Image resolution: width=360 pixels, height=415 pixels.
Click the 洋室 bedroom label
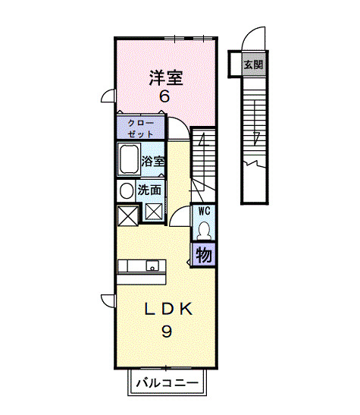click(x=164, y=77)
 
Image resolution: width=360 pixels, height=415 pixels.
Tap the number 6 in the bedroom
click(x=164, y=97)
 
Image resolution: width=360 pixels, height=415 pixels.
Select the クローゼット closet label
click(x=139, y=127)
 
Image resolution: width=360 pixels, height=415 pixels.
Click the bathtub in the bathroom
click(x=127, y=160)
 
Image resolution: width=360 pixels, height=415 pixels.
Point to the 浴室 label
click(x=153, y=161)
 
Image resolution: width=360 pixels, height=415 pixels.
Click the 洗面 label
click(x=149, y=190)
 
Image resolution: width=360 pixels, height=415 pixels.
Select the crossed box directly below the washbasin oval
click(x=126, y=213)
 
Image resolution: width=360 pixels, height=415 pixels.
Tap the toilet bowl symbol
click(x=204, y=230)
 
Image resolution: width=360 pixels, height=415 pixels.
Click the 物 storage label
click(x=204, y=255)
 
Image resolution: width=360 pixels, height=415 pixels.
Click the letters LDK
click(x=164, y=310)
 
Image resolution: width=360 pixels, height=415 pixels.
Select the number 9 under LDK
click(x=164, y=332)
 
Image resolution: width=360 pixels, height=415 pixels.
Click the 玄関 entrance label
click(x=251, y=64)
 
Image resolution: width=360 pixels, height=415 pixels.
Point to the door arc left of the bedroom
click(x=109, y=96)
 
